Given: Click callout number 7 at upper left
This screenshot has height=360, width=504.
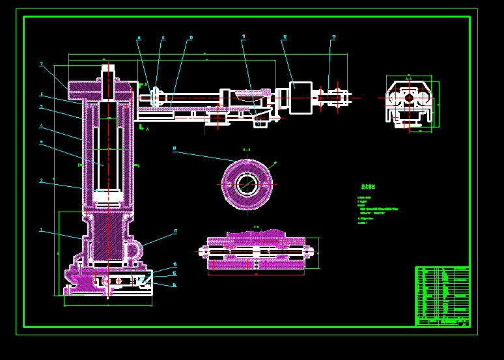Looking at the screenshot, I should [x=41, y=64].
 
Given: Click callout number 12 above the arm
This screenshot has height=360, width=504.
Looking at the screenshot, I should [x=285, y=38].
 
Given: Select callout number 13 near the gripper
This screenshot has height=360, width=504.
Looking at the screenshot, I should [x=333, y=37].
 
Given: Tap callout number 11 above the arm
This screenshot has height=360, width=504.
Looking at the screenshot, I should [x=244, y=36].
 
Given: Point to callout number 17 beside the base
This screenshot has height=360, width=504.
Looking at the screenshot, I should [x=175, y=231].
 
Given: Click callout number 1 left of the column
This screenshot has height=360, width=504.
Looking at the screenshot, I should [x=41, y=229].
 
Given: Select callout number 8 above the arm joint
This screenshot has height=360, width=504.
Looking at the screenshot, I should [x=139, y=38].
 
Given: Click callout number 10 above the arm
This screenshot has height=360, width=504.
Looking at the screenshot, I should [x=191, y=38].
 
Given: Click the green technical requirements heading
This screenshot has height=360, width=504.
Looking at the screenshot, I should [x=368, y=186].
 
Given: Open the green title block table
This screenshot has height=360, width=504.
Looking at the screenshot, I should [x=442, y=296].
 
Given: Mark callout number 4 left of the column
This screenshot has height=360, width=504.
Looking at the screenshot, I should [x=41, y=126].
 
